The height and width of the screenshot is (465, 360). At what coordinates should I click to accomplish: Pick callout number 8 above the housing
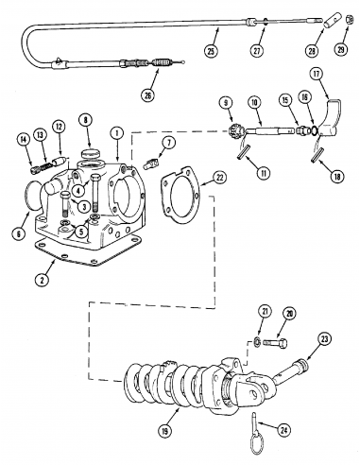86,120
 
